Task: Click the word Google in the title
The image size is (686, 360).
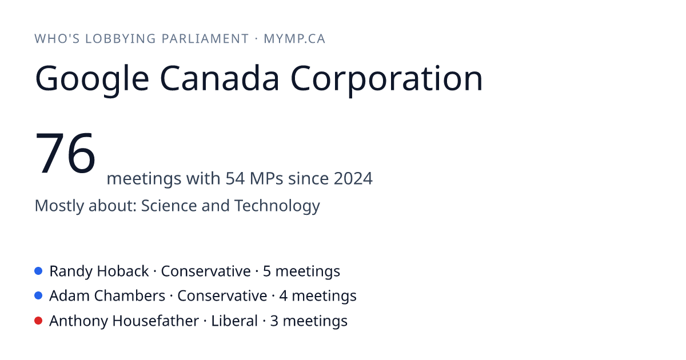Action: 92,79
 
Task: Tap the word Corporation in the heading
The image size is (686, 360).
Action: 386,79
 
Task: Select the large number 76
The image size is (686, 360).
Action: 65,153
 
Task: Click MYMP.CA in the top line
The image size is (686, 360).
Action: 294,39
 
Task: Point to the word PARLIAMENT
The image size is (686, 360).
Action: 205,39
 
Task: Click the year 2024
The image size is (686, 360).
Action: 353,178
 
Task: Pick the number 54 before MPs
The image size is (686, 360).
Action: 235,178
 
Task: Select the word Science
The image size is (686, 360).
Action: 169,205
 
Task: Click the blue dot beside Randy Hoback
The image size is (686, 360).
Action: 38,271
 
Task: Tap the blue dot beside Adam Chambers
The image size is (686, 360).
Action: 38,296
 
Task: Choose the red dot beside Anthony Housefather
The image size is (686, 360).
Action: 38,321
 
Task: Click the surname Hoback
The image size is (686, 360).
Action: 123,271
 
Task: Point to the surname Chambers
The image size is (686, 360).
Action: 130,296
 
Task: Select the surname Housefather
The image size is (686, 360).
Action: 155,321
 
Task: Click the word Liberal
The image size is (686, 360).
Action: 234,321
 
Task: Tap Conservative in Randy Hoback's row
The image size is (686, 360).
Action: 206,271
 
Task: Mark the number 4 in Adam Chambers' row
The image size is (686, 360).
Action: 284,296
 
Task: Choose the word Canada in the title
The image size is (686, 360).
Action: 220,78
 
